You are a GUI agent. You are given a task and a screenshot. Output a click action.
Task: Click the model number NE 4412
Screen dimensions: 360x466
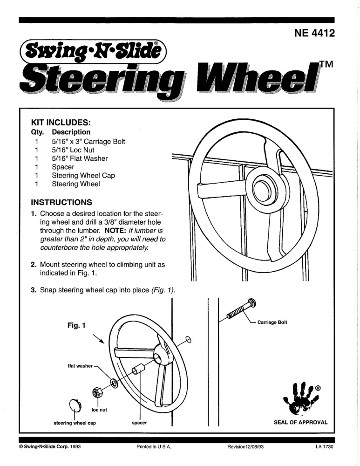pyautogui.click(x=314, y=34)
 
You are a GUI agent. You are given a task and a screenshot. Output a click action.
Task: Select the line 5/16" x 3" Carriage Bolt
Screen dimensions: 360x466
pyautogui.click(x=88, y=141)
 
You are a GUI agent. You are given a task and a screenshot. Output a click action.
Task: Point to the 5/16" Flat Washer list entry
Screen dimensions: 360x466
pyautogui.click(x=80, y=158)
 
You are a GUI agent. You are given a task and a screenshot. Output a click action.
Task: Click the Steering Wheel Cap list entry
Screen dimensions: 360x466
pyautogui.click(x=83, y=176)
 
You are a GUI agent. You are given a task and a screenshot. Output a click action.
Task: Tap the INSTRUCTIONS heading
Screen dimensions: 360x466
pyautogui.click(x=61, y=203)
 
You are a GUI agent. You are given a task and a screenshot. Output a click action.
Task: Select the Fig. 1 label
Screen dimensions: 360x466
pyautogui.click(x=76, y=325)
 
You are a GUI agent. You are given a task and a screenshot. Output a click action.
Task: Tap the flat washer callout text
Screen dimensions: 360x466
pyautogui.click(x=80, y=366)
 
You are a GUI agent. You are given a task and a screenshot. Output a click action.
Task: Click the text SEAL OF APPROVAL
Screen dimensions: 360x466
pyautogui.click(x=300, y=423)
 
